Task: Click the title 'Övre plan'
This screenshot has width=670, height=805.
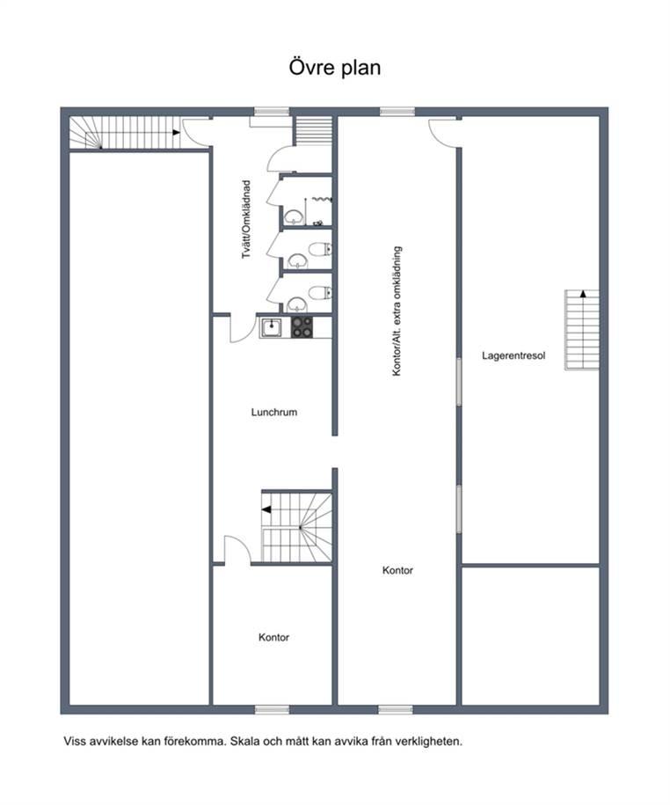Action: pyautogui.click(x=334, y=67)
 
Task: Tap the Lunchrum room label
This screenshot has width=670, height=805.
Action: pyautogui.click(x=274, y=413)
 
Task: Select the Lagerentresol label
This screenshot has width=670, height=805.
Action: pyautogui.click(x=513, y=355)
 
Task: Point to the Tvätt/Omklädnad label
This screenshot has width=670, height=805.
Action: pyautogui.click(x=247, y=219)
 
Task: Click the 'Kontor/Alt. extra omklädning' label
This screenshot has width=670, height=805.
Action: pyautogui.click(x=397, y=311)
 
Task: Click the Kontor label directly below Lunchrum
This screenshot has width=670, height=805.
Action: pyautogui.click(x=274, y=637)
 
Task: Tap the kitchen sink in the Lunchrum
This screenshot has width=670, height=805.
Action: pyautogui.click(x=271, y=327)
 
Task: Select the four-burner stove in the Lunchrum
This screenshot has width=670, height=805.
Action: pyautogui.click(x=302, y=327)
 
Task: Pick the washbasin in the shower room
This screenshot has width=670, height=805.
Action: pyautogui.click(x=294, y=217)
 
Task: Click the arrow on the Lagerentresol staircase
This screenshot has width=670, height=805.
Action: pyautogui.click(x=583, y=294)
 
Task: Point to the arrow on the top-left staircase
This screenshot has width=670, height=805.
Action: pyautogui.click(x=176, y=133)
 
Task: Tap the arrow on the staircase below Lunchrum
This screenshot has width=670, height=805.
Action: pyautogui.click(x=266, y=509)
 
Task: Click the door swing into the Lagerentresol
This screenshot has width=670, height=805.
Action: pyautogui.click(x=442, y=135)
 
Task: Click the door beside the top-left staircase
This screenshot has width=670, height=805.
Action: pyautogui.click(x=195, y=134)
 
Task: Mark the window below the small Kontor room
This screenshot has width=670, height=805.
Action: pyautogui.click(x=272, y=709)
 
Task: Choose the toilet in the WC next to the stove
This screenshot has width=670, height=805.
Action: pyautogui.click(x=320, y=293)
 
